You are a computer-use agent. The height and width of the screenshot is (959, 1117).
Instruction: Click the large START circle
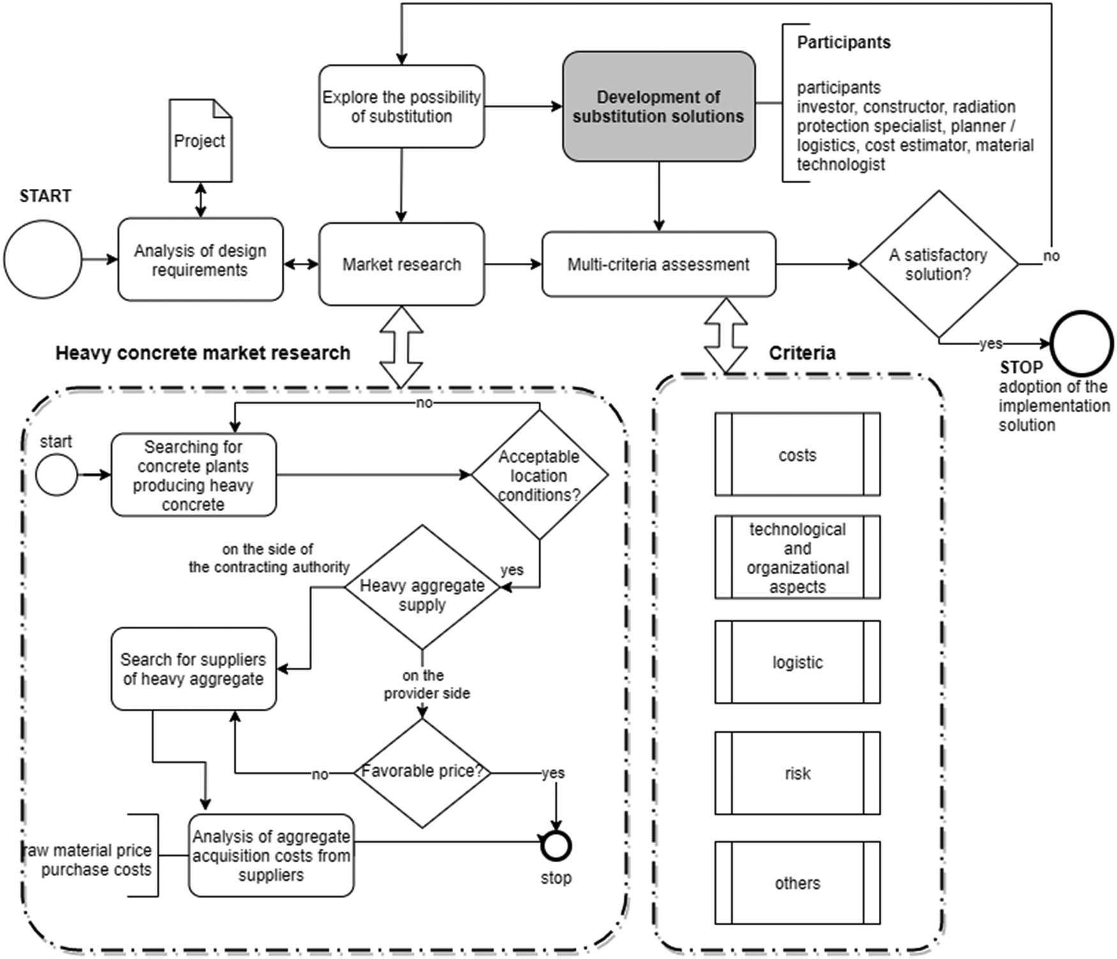pos(43,259)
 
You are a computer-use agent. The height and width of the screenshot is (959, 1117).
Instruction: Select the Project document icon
pos(200,141)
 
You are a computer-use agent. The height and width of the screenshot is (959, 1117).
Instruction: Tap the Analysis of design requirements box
pos(200,260)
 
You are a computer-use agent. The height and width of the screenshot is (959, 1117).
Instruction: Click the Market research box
pos(401,264)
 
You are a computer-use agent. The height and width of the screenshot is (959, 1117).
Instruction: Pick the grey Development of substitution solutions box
pos(658,107)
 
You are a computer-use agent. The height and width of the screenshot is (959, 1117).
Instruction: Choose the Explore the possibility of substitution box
pos(401,107)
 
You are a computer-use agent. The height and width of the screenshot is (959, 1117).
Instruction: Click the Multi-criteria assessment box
pos(658,264)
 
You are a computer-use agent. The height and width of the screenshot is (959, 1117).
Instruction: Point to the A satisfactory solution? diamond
pos(938,264)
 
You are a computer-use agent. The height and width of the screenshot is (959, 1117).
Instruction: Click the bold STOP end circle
pos(1082,343)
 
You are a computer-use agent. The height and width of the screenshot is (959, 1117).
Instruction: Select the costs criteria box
pos(797,454)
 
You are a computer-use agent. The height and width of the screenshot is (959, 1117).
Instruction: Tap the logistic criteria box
pos(797,662)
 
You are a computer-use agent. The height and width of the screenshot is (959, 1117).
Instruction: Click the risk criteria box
pos(797,773)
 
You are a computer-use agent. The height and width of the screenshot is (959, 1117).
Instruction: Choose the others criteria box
pos(797,883)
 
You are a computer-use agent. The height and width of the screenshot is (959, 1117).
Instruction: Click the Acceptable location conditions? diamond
pos(539,475)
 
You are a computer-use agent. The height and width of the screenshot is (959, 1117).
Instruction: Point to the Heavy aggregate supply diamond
pos(422,588)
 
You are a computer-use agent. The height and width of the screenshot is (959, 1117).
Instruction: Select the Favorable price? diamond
pos(422,773)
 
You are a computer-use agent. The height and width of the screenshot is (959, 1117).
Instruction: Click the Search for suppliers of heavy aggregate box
pos(193,669)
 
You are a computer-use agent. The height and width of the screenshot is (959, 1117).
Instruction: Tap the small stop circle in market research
pos(556,846)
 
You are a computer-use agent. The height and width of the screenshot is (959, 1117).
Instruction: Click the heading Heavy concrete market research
pos(202,353)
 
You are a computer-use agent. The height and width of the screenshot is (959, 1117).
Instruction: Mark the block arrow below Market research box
pos(401,347)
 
